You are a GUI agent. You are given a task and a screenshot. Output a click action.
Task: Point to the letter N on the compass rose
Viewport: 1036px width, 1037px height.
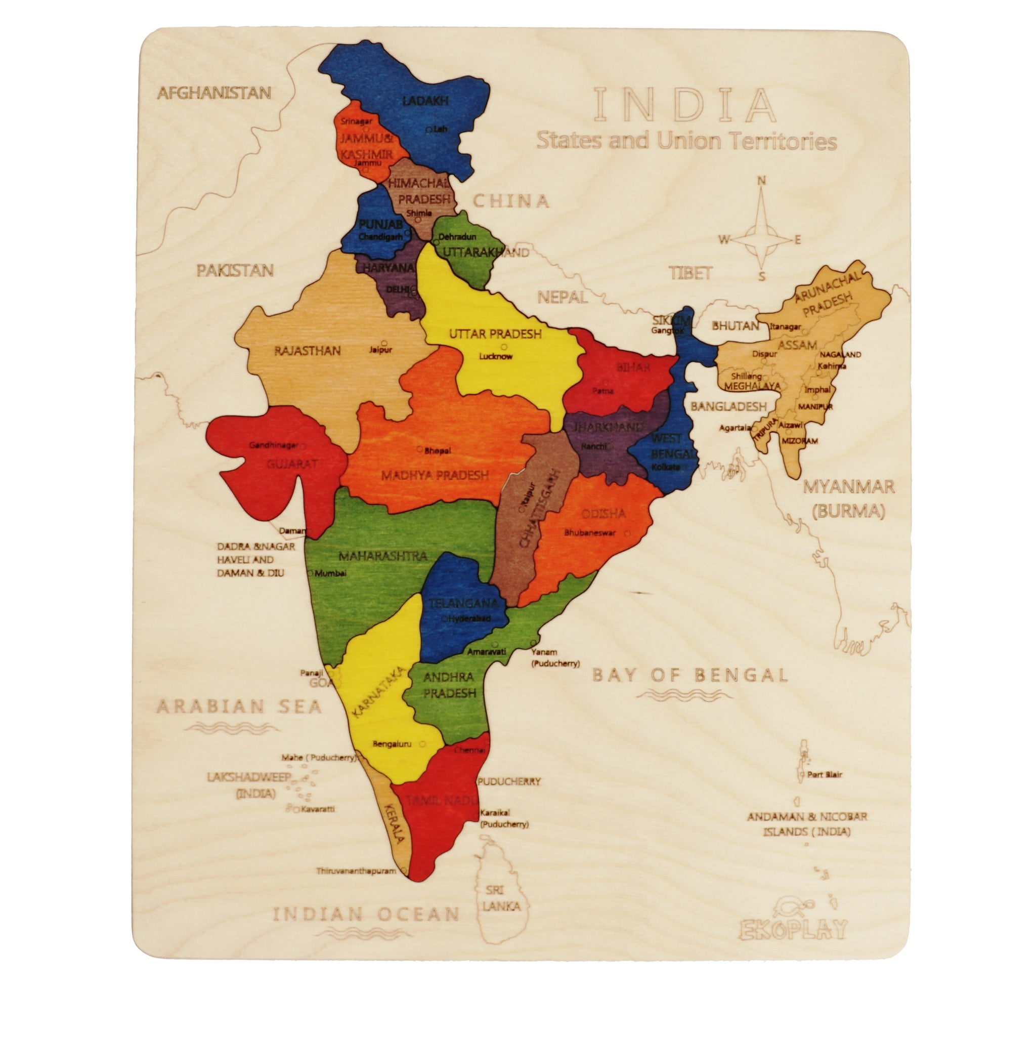coord(761,181)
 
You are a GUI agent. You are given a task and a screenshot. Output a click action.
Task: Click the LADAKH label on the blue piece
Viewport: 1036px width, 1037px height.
coord(425,100)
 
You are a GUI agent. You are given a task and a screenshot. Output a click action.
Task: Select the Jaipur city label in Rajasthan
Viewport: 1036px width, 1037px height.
coord(380,350)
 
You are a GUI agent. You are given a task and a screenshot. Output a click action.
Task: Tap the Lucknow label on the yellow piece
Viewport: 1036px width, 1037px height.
coord(495,356)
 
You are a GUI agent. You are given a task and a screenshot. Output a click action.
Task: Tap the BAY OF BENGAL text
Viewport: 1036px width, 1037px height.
coord(690,675)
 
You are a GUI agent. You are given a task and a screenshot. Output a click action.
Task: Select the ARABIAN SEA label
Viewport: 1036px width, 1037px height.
coord(239,707)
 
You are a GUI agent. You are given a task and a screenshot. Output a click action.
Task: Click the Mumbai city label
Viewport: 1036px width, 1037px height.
coord(330,573)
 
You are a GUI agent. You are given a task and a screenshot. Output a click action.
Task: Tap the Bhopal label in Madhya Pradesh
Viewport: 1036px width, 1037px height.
coord(437,451)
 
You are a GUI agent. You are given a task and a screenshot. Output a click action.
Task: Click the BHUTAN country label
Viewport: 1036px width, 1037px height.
coord(735,326)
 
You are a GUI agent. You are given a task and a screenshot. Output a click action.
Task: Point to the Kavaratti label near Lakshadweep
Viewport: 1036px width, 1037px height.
coord(318,808)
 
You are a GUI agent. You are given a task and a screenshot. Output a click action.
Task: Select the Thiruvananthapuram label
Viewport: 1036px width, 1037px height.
coord(356,870)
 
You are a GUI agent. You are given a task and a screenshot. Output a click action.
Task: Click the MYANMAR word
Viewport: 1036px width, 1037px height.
coord(848,487)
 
